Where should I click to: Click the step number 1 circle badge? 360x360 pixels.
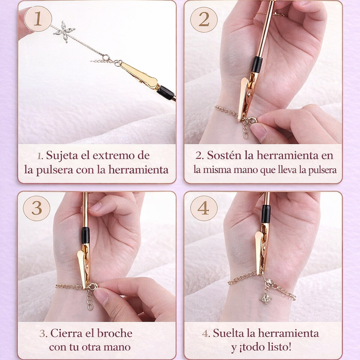click(x=38, y=19)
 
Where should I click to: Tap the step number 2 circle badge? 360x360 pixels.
click(x=204, y=19)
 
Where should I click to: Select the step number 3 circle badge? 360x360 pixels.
click(x=37, y=208)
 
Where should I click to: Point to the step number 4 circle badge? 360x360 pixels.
click(x=203, y=208)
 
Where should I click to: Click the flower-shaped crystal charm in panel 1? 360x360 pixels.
click(x=64, y=32)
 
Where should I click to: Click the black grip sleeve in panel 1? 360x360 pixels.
click(x=166, y=92)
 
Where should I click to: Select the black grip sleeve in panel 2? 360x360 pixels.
click(x=257, y=64)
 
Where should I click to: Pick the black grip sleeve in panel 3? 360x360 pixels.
click(x=85, y=235)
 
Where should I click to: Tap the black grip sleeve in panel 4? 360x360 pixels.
click(x=266, y=214)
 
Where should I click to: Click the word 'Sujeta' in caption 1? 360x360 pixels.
click(x=62, y=155)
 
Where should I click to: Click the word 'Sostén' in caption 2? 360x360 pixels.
click(x=223, y=155)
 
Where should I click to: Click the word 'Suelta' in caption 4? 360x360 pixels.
click(x=229, y=333)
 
